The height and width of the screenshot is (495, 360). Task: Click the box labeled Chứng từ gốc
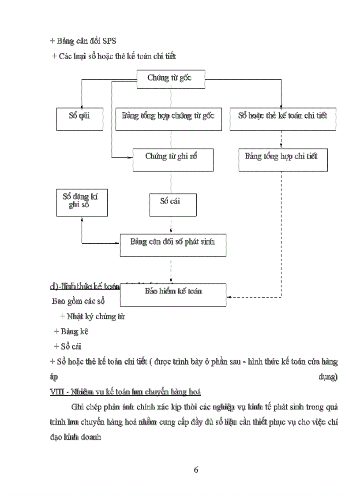(170, 78)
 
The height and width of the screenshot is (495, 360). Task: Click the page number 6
(196, 469)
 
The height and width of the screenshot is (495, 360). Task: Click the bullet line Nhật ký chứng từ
(92, 316)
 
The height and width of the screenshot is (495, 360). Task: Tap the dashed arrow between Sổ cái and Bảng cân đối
(171, 225)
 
